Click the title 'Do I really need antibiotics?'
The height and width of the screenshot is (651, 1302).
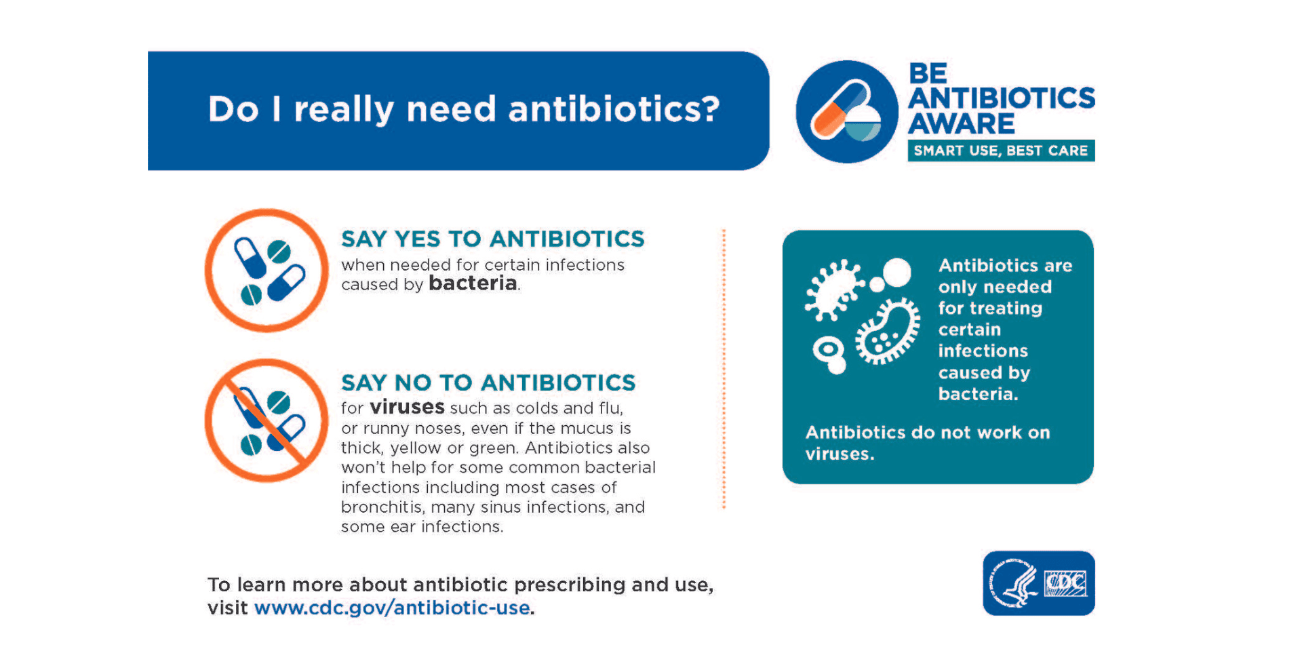click(x=463, y=109)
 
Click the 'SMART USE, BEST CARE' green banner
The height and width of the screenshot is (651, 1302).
click(x=1001, y=151)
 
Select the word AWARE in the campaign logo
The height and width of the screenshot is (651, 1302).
click(x=962, y=124)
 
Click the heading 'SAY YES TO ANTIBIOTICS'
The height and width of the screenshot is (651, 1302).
click(x=493, y=239)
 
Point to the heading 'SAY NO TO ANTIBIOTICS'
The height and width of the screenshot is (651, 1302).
click(x=488, y=382)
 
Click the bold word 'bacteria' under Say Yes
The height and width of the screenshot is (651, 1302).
click(x=473, y=283)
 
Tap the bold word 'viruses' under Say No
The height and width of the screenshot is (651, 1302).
click(x=407, y=407)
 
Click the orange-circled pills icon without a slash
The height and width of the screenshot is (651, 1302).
click(x=267, y=270)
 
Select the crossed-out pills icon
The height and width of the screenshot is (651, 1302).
click(x=267, y=420)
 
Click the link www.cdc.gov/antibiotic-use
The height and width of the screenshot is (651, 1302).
click(x=392, y=608)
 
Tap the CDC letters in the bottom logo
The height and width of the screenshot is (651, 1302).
click(x=1065, y=583)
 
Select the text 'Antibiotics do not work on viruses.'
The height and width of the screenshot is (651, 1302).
click(x=927, y=443)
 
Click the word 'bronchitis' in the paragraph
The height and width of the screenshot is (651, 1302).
click(x=381, y=507)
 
